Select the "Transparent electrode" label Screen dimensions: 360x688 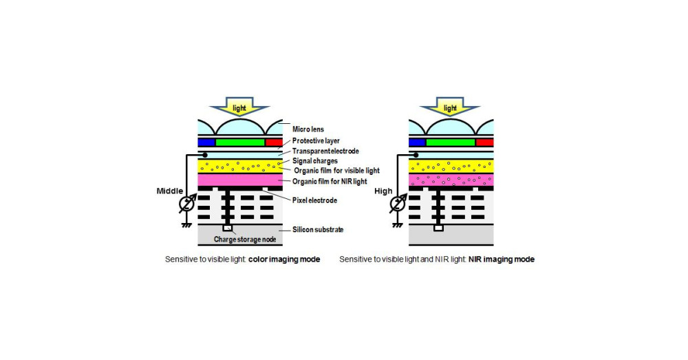(325, 151)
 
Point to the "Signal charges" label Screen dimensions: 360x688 (314, 161)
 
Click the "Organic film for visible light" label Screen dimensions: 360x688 (336, 171)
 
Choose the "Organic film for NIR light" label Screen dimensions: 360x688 (330, 181)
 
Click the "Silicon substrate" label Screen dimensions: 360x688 (319, 229)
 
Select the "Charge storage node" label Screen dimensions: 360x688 (244, 239)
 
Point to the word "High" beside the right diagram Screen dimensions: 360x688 (383, 191)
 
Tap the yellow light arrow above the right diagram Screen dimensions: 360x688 (450, 109)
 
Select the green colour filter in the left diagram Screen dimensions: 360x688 (240, 142)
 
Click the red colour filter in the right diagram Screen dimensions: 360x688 (484, 142)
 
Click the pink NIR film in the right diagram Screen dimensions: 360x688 (451, 180)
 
